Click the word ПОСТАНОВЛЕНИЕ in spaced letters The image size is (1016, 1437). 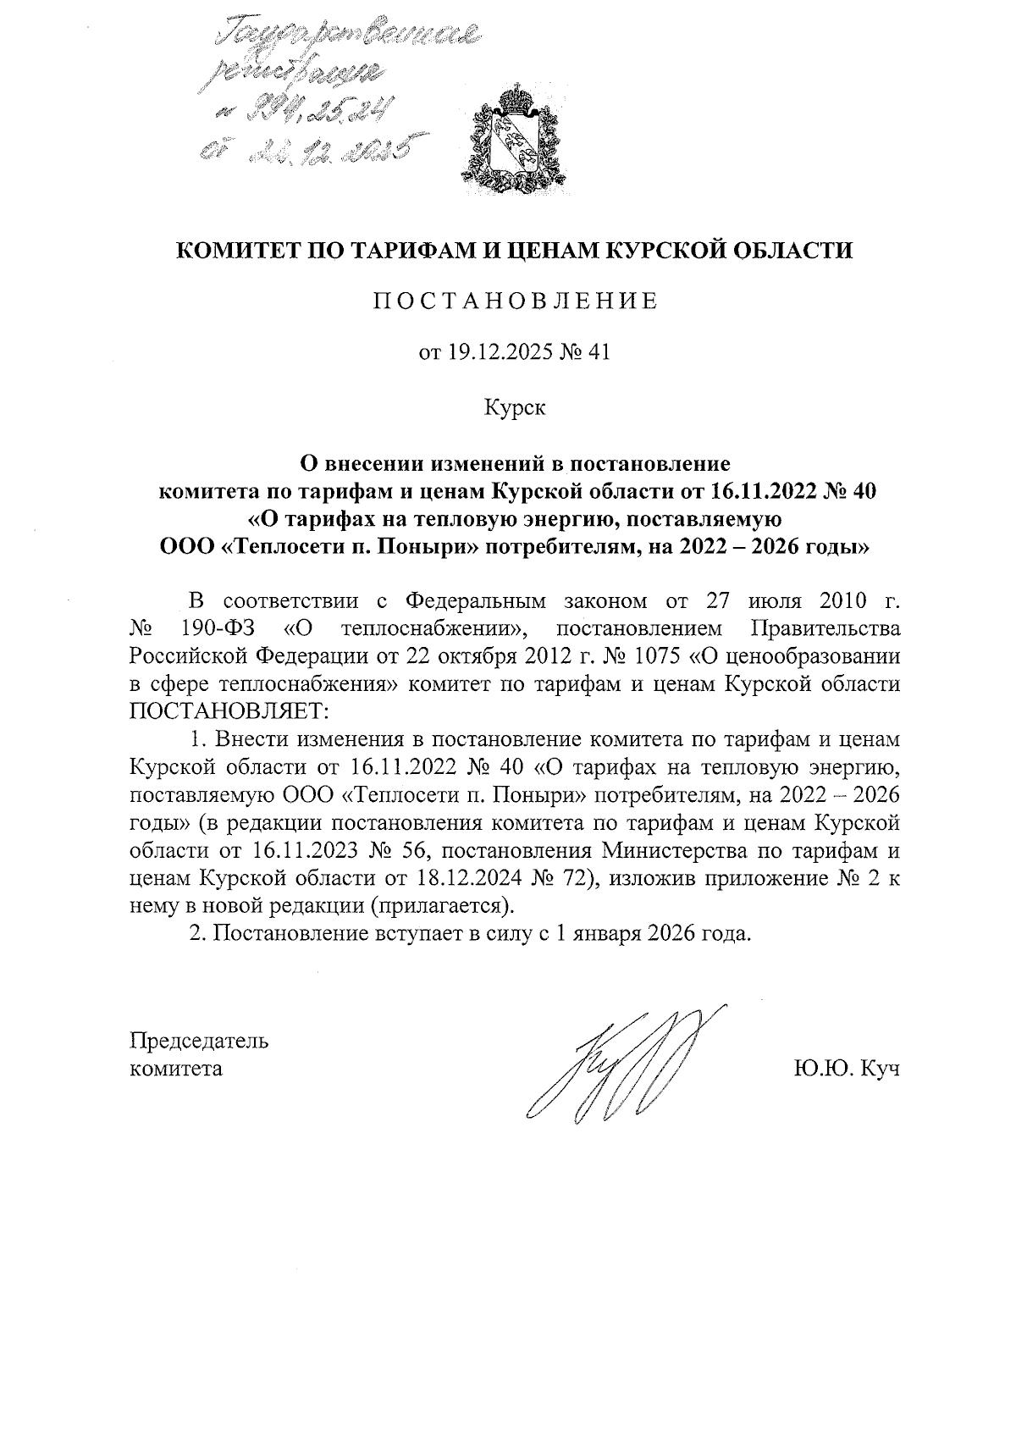pos(516,302)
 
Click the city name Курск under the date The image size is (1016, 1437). pos(515,408)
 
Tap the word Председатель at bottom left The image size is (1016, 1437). pos(198,1041)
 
